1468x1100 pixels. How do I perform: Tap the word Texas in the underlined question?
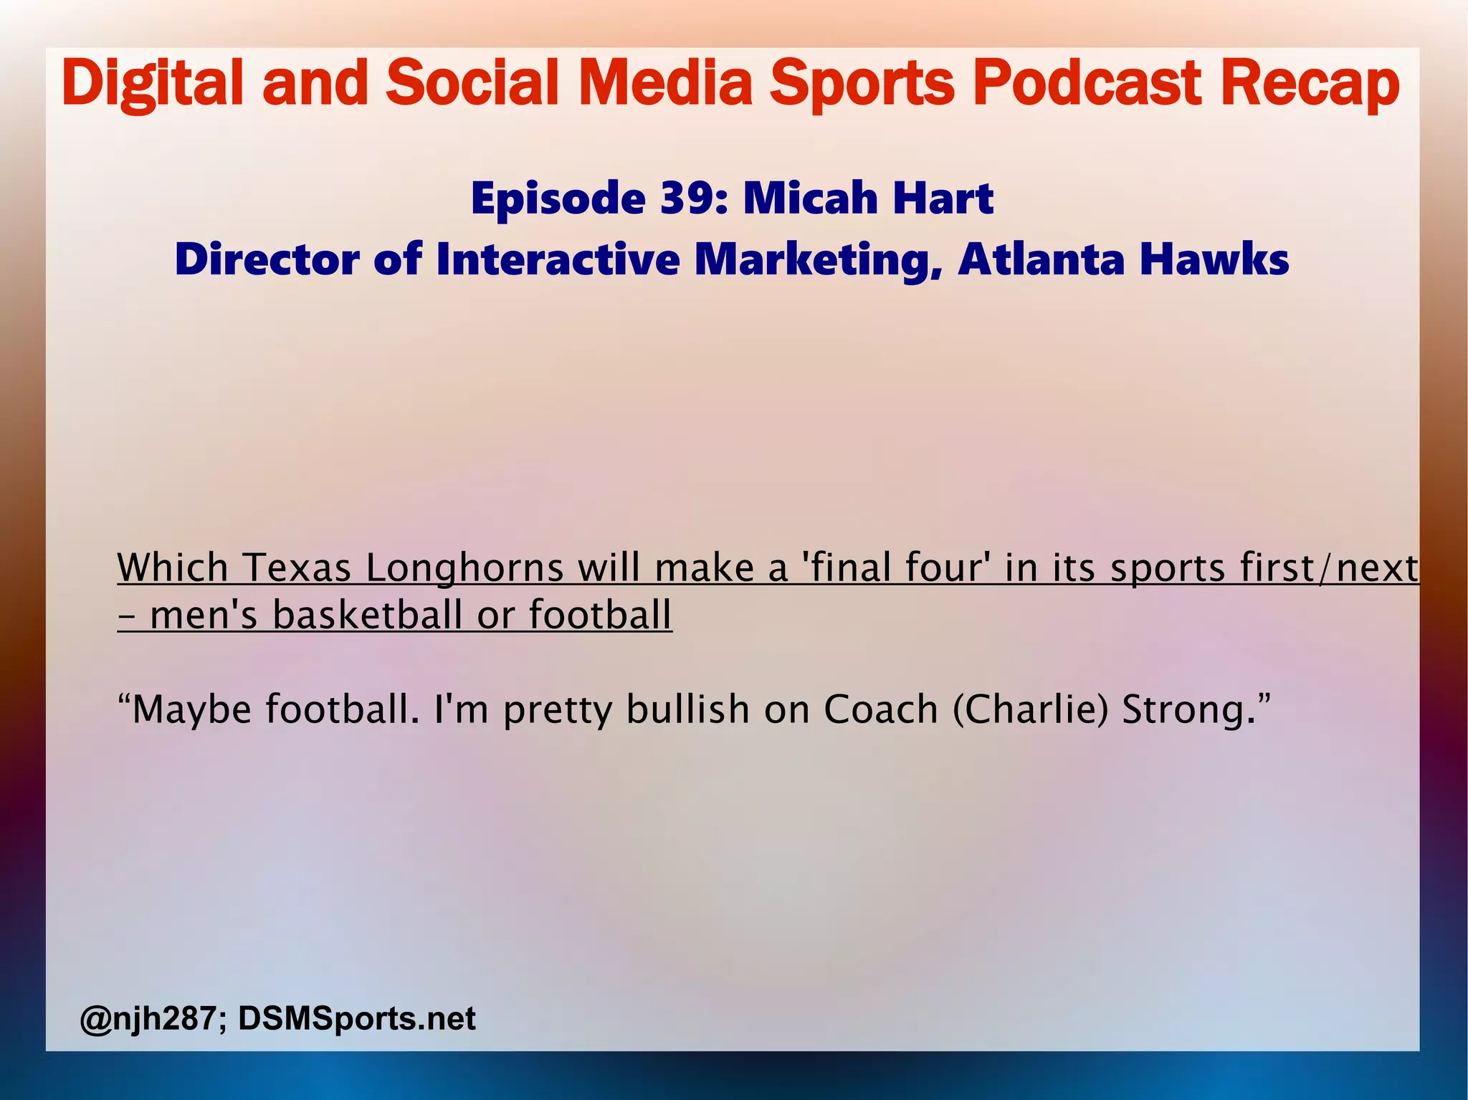(x=297, y=568)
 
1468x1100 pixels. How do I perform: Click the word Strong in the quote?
(x=1186, y=709)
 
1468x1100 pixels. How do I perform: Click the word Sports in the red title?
(x=862, y=84)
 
